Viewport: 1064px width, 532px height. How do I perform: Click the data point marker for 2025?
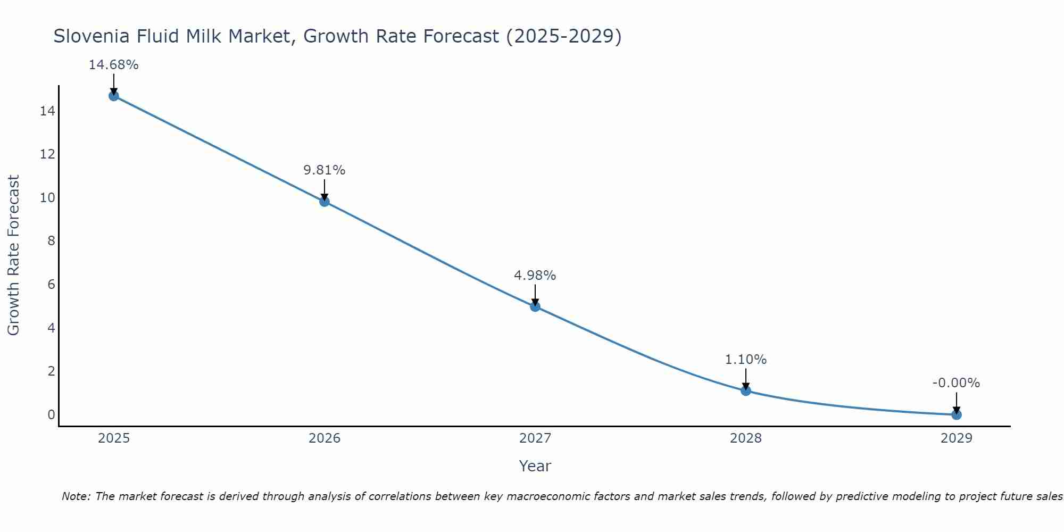(114, 96)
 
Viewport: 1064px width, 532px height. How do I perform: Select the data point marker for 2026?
(325, 201)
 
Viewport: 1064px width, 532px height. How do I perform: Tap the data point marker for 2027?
(535, 306)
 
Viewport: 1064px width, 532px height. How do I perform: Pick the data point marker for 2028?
(746, 390)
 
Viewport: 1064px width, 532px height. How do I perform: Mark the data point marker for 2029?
(957, 414)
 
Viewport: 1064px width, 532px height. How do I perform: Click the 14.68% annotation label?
(113, 65)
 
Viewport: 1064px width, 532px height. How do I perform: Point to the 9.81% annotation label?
(325, 170)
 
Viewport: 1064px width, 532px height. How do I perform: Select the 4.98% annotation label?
(535, 276)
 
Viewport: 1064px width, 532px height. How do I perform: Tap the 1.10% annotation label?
(746, 360)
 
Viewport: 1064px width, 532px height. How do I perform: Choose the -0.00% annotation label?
(956, 383)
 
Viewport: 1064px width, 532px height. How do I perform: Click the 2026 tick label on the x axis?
(325, 438)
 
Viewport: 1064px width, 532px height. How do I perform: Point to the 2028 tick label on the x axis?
(746, 438)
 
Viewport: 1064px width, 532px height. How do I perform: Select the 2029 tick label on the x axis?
(957, 438)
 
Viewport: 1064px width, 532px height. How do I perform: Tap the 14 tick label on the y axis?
(47, 111)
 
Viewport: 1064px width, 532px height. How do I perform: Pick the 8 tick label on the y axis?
(51, 241)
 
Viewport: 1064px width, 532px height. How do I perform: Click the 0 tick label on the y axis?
(51, 414)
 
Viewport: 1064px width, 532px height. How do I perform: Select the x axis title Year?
(535, 466)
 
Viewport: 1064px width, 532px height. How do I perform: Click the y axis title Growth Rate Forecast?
(13, 255)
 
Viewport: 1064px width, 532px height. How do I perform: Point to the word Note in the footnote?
(75, 496)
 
